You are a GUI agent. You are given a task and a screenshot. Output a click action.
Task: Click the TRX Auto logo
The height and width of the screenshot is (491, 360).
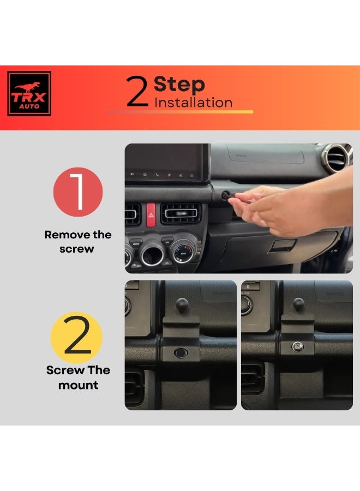click(29, 94)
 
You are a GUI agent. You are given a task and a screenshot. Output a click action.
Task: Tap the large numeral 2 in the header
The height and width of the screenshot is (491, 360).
click(137, 92)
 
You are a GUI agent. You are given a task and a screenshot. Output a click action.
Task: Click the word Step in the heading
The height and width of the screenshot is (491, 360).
click(179, 85)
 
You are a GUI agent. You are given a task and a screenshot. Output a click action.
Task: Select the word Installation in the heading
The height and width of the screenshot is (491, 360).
click(193, 103)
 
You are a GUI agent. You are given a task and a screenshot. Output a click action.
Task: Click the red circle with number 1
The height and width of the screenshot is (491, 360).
click(78, 192)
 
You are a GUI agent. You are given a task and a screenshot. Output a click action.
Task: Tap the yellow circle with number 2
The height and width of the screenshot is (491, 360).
click(77, 337)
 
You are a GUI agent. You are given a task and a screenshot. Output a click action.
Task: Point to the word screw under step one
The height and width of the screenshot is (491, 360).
click(77, 249)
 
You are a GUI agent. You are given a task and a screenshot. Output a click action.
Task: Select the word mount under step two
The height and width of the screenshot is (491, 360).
click(78, 385)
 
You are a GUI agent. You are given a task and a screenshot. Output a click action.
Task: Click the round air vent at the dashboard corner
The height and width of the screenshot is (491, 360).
click(337, 158)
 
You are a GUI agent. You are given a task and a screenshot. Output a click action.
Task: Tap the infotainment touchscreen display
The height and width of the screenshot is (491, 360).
click(167, 163)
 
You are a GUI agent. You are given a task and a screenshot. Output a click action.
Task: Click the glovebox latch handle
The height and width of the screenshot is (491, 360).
click(282, 245)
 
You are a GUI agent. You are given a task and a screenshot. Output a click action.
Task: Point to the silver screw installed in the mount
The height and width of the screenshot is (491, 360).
click(297, 346)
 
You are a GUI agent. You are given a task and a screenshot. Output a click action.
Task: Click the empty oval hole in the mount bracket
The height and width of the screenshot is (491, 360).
click(181, 353)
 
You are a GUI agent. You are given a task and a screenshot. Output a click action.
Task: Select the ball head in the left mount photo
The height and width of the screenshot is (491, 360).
click(182, 304)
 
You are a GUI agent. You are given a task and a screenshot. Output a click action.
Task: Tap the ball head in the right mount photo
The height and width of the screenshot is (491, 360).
click(299, 303)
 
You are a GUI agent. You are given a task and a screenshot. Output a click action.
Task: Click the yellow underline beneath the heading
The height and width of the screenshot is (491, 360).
click(180, 112)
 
